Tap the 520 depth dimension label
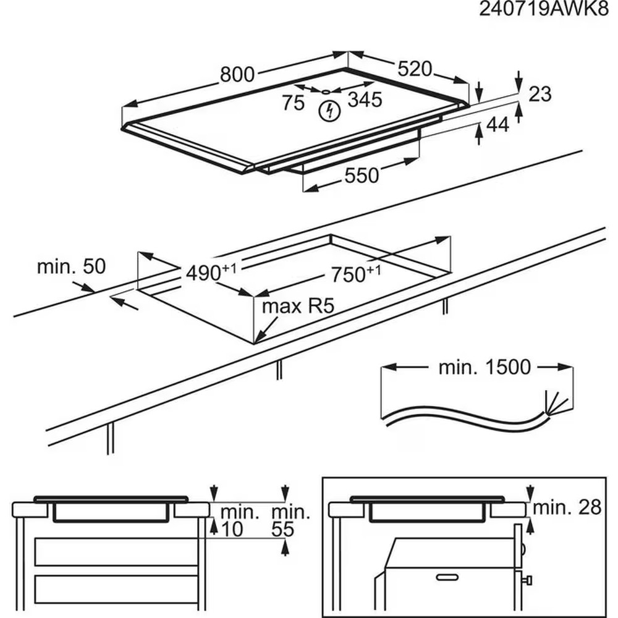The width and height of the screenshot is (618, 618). point(414,69)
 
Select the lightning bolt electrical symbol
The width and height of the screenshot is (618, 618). point(331,111)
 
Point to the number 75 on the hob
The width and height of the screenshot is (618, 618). point(294,103)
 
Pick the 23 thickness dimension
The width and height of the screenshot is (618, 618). point(540,94)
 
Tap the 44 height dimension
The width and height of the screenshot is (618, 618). point(497,125)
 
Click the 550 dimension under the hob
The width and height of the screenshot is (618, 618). point(362,176)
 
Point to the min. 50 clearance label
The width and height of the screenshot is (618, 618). point(72,267)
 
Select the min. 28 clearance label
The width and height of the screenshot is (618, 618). point(567,507)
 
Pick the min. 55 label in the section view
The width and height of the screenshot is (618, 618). point(291,520)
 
